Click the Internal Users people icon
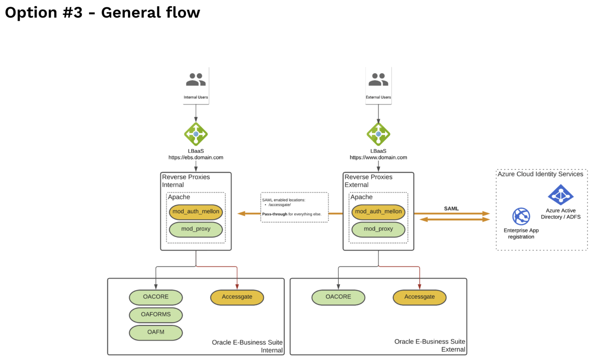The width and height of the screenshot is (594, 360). (x=196, y=80)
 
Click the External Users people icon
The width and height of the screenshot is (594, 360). (x=378, y=80)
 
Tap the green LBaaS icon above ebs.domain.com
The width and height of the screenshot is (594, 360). (x=196, y=134)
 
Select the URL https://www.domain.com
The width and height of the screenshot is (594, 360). (x=378, y=157)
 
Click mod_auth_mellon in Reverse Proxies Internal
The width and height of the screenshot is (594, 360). (x=196, y=212)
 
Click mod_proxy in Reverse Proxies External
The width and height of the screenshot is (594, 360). (x=378, y=229)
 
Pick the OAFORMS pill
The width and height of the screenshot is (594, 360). (x=156, y=314)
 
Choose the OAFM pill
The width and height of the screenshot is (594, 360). (x=156, y=332)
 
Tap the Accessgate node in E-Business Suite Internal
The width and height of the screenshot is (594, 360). (x=237, y=297)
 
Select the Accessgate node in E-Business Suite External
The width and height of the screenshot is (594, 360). (x=420, y=297)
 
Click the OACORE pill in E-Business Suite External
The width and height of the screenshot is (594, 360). (x=338, y=297)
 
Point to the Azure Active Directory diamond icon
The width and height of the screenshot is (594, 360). (x=561, y=195)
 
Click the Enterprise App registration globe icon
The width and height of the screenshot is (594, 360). (x=521, y=217)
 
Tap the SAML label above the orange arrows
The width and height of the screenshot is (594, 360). (x=451, y=208)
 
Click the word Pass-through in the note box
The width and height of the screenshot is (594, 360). (x=275, y=214)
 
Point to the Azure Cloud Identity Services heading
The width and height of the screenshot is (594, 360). (x=540, y=174)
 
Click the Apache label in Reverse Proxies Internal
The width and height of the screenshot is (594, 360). (x=179, y=197)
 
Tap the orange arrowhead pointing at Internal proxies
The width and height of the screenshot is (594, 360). (x=242, y=213)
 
